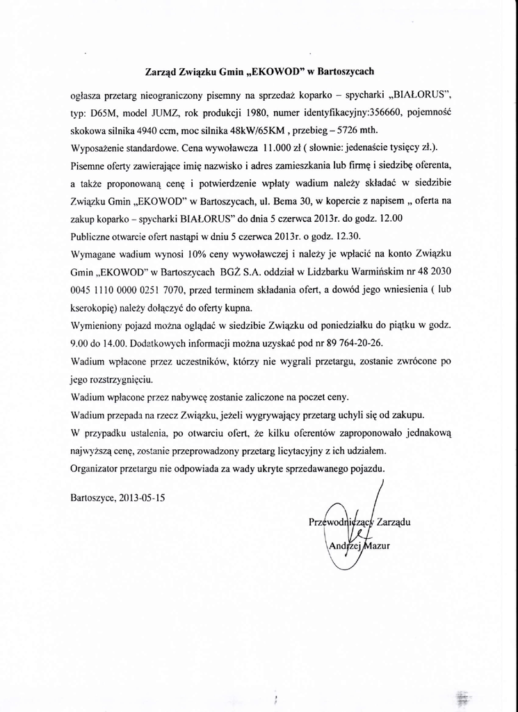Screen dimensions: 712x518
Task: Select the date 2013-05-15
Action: pyautogui.click(x=143, y=498)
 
